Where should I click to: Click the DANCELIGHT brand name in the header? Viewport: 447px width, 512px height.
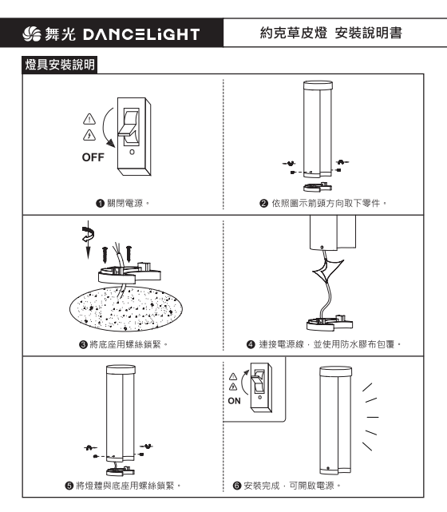[x=141, y=34]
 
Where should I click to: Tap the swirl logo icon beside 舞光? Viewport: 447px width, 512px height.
[x=32, y=34]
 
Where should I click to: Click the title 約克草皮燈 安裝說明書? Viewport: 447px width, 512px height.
[x=330, y=33]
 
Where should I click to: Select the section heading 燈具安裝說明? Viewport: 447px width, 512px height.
[x=60, y=65]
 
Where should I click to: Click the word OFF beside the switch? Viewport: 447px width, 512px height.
[x=93, y=157]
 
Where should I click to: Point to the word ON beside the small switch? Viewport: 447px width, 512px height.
[x=234, y=401]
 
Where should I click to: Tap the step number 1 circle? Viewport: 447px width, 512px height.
[x=100, y=204]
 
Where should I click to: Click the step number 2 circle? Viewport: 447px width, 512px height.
[x=263, y=204]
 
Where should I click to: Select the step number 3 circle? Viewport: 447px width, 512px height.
[x=83, y=344]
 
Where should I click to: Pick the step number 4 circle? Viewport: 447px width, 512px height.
[x=251, y=344]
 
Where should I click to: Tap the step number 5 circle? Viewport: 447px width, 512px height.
[x=69, y=486]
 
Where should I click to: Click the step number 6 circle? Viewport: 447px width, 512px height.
[x=237, y=486]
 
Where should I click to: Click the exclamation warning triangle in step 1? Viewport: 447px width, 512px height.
[x=89, y=119]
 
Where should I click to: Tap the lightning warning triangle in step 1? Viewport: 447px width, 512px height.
[x=89, y=135]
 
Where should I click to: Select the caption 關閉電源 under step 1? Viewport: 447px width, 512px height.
[x=125, y=204]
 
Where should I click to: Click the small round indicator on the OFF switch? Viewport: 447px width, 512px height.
[x=132, y=153]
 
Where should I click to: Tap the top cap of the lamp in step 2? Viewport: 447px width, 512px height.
[x=318, y=85]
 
